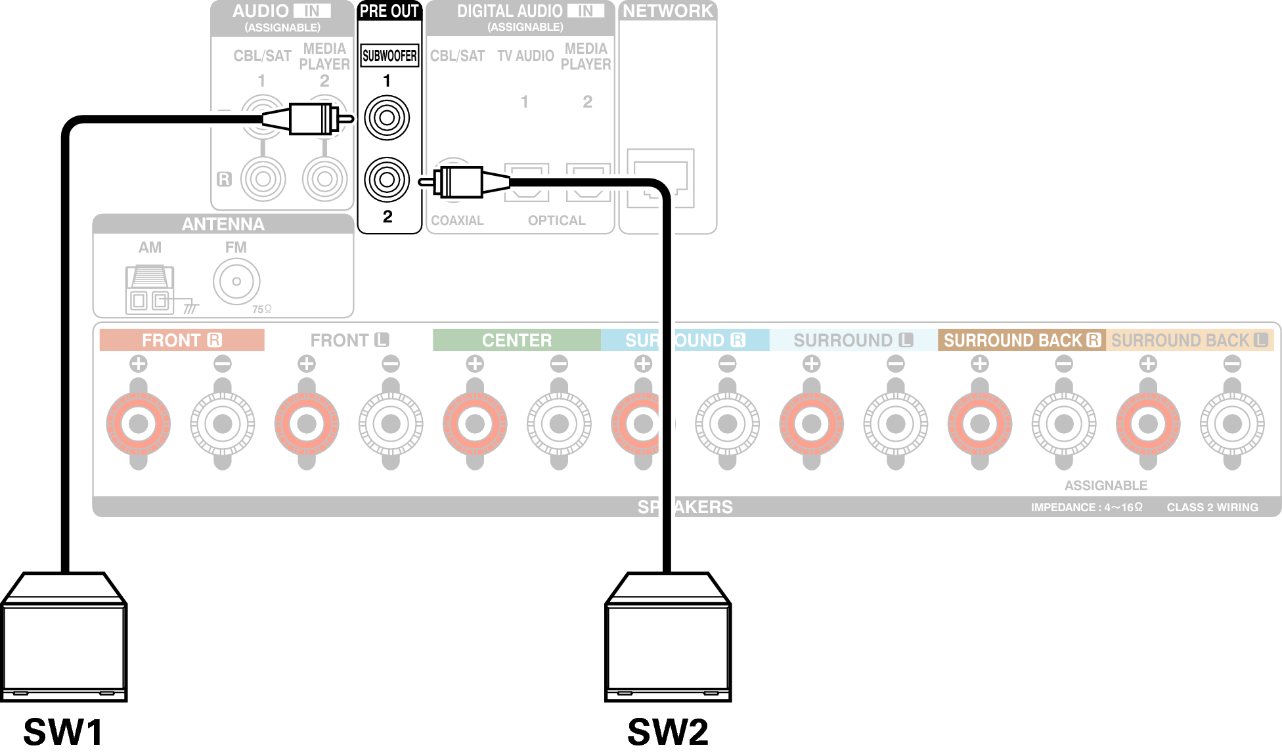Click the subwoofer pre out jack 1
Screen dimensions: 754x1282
(x=387, y=118)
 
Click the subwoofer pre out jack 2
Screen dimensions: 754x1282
(x=387, y=179)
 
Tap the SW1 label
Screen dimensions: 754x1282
(x=63, y=732)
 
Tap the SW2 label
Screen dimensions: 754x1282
(x=668, y=732)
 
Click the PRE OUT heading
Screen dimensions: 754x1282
(x=389, y=11)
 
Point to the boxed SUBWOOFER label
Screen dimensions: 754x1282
(x=389, y=56)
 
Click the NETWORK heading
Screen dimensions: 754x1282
(x=667, y=11)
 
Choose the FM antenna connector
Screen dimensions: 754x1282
(x=236, y=282)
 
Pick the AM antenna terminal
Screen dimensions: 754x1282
(x=150, y=289)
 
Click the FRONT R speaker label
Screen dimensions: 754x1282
(x=182, y=340)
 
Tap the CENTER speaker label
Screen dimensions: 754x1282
(x=517, y=340)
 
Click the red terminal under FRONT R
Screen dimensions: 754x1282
(x=139, y=424)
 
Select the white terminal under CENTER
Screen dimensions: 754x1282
(x=559, y=424)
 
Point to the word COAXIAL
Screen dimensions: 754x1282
(x=457, y=220)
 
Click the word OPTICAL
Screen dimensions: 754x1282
(x=556, y=220)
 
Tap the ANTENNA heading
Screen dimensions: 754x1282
(x=223, y=224)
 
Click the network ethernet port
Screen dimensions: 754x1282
(x=661, y=178)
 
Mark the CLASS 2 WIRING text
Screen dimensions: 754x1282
(x=1212, y=507)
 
